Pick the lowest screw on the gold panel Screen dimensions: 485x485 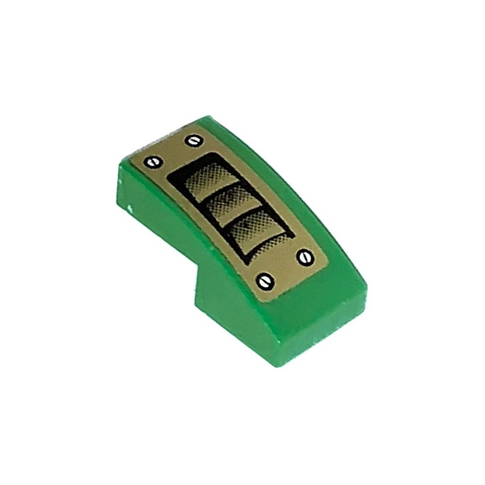(x=265, y=280)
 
